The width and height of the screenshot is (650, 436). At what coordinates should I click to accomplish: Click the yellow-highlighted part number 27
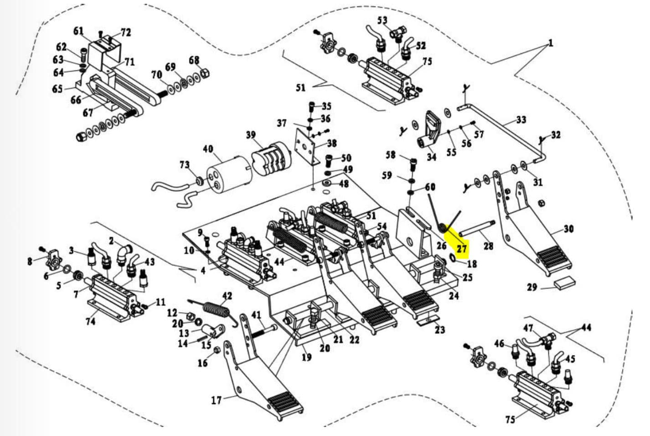pos(462,249)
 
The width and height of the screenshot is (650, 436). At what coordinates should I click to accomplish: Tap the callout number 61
pos(78,31)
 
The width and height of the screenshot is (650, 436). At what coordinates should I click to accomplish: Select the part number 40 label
pos(208,149)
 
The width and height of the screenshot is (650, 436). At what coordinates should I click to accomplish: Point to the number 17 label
pos(217,400)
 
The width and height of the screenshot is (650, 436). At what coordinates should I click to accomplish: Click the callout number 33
pos(521,119)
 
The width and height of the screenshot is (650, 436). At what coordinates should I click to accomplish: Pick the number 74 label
pos(91,321)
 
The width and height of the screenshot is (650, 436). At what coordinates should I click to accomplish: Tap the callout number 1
pos(551,44)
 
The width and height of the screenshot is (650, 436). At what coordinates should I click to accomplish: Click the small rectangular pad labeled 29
pos(564,282)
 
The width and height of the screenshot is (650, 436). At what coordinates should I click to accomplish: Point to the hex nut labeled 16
pos(217,351)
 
